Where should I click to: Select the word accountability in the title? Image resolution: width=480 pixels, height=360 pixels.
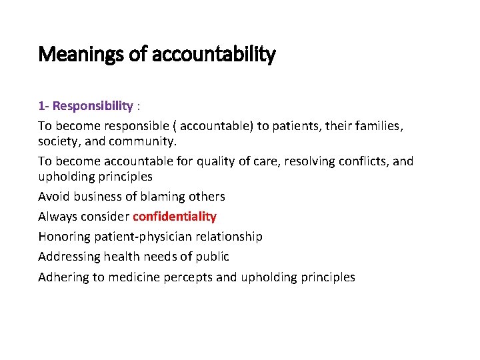click(x=214, y=55)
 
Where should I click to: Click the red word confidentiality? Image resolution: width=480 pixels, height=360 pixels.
click(x=175, y=217)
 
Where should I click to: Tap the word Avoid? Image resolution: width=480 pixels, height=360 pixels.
click(x=53, y=197)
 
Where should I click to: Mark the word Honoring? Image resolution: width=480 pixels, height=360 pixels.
click(x=63, y=237)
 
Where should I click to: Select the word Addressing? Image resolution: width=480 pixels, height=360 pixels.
click(x=69, y=257)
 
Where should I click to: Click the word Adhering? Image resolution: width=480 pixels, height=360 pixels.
click(x=63, y=277)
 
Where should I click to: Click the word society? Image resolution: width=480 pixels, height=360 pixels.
click(x=56, y=141)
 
